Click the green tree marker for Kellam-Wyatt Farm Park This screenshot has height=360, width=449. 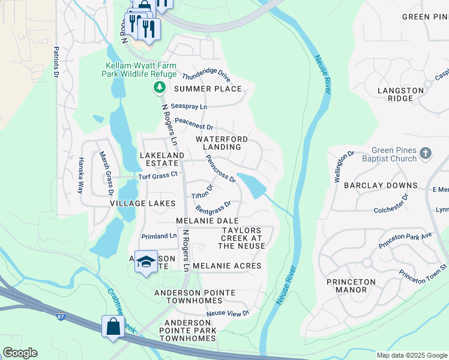159,88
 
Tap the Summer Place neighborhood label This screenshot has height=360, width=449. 208,89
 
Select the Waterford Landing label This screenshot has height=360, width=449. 221,143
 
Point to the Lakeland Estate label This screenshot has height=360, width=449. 161,159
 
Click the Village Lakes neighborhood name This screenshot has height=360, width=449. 142,203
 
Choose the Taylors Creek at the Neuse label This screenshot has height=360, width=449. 242,238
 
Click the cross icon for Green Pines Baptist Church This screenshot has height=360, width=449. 426,154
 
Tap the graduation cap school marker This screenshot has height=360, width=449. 146,262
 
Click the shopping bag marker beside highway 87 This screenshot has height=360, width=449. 113,327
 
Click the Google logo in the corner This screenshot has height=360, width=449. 20,353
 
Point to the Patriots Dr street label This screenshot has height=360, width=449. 56,62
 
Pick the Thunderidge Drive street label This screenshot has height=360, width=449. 206,76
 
